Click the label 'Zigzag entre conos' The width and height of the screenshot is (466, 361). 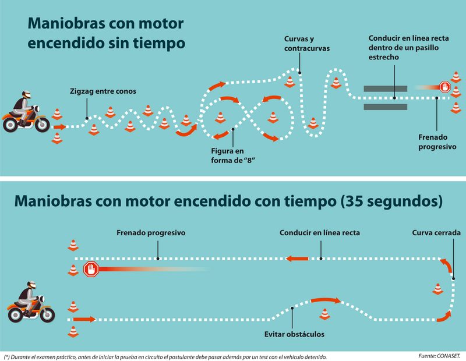pyautogui.click(x=103, y=91)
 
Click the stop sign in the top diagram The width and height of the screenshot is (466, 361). pyautogui.click(x=445, y=87)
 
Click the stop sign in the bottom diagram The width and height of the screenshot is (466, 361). pyautogui.click(x=91, y=270)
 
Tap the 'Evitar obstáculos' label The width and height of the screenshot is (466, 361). pyautogui.click(x=294, y=334)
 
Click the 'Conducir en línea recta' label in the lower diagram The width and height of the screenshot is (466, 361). pyautogui.click(x=319, y=233)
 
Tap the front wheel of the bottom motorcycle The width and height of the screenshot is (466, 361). pyautogui.click(x=47, y=315)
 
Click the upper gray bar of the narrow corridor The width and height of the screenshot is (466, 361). pyautogui.click(x=385, y=89)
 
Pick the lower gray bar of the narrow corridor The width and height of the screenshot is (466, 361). pyautogui.click(x=385, y=107)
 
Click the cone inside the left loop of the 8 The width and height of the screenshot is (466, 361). pyautogui.click(x=221, y=118)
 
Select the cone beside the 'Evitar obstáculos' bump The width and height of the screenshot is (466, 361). pyautogui.click(x=324, y=314)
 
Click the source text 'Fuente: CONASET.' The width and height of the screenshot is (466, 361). pyautogui.click(x=439, y=355)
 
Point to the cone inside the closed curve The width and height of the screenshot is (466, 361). pyautogui.click(x=438, y=288)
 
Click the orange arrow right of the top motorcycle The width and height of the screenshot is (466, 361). pyautogui.click(x=59, y=126)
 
